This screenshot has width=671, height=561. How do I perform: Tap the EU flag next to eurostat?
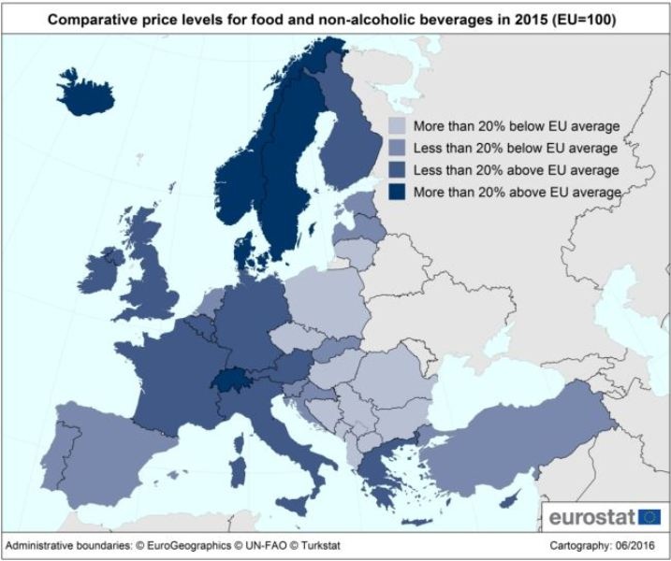649,515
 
